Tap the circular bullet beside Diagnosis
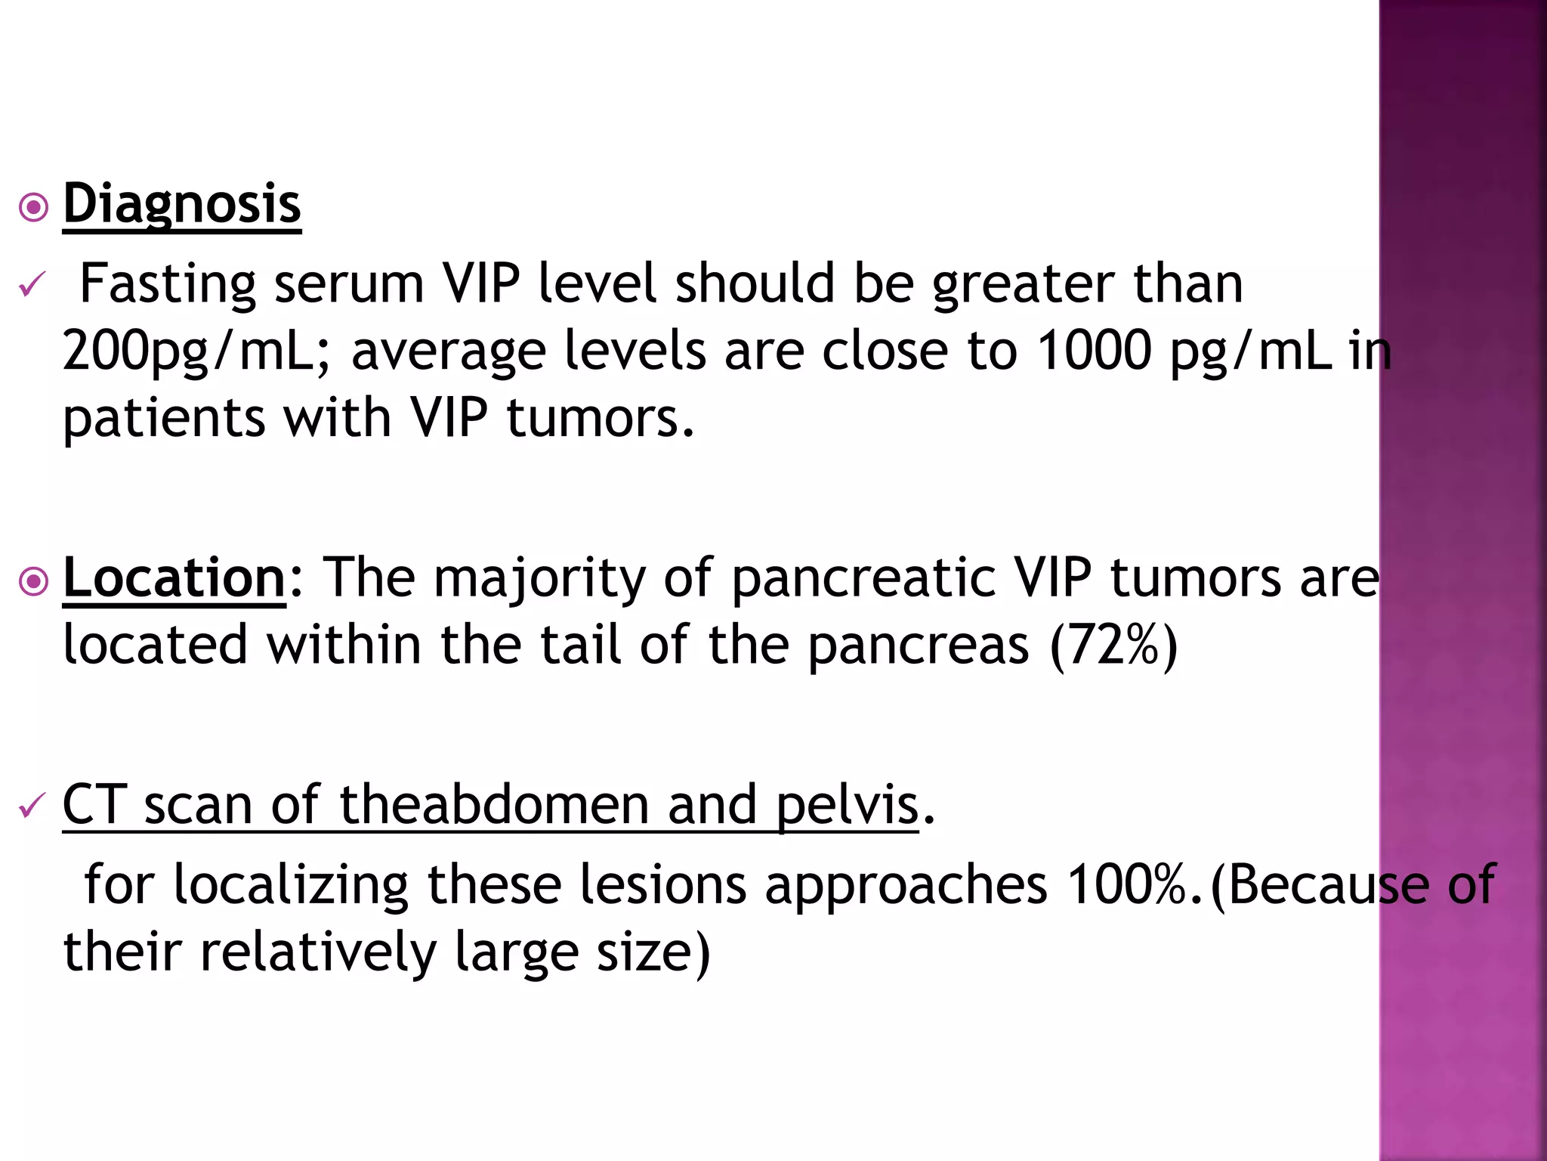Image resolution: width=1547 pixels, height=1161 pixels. pos(34,206)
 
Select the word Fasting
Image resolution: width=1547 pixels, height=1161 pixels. pos(168,284)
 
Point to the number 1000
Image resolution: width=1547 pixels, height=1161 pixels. pos(1094,350)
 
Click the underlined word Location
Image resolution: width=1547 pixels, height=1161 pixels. pos(174,578)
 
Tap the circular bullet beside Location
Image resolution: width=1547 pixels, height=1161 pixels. pos(34,581)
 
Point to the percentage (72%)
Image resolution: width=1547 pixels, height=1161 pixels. pos(1114,646)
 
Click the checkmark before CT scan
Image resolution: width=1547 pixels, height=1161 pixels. pos(32,806)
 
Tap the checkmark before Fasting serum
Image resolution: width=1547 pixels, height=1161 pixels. pos(32,285)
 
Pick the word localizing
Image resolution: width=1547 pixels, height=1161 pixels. pos(291,884)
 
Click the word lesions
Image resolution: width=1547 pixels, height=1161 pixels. pos(663,884)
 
